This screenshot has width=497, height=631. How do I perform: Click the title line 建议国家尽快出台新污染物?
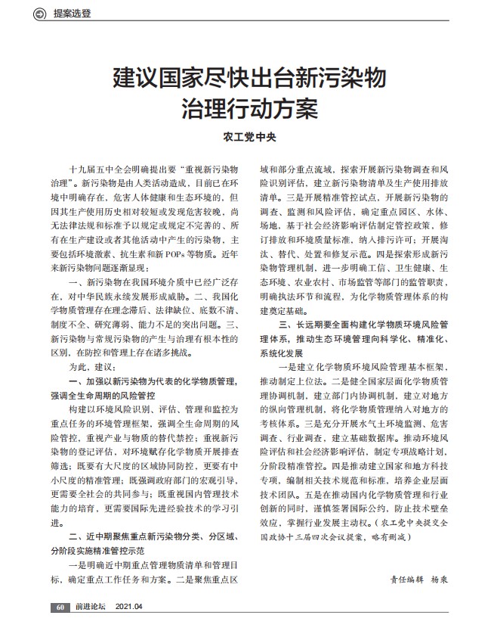[249, 76]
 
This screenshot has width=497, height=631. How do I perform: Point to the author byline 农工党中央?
[248, 138]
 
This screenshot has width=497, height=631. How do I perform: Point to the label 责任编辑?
[406, 577]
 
